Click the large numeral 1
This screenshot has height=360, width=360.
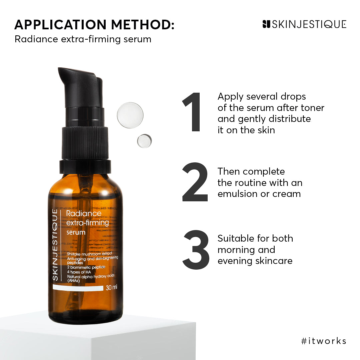pyautogui.click(x=193, y=112)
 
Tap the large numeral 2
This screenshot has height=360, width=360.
pyautogui.click(x=195, y=182)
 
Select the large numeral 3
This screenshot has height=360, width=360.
pyautogui.click(x=196, y=249)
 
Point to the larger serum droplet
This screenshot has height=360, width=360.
pyautogui.click(x=130, y=115)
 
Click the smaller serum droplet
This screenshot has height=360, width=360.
pyautogui.click(x=144, y=141)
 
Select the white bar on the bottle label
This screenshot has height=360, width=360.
pyautogui.click(x=78, y=288)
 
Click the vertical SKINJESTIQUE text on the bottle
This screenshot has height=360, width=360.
pyautogui.click(x=55, y=245)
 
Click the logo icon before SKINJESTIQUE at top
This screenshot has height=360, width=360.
pyautogui.click(x=266, y=24)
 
